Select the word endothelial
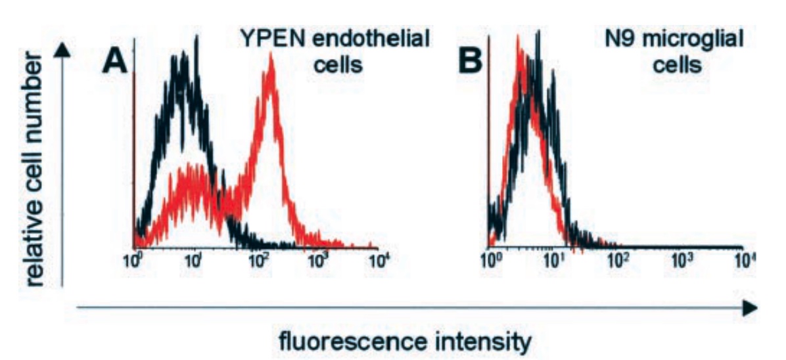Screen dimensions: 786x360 373,39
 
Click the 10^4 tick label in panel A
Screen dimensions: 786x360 379,261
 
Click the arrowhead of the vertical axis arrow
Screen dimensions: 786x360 62,51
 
